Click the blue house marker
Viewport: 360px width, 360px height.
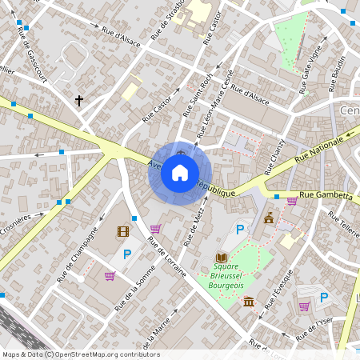tap(180, 172)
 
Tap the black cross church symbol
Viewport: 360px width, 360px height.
tap(78, 101)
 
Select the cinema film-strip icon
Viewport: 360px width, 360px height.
tap(122, 232)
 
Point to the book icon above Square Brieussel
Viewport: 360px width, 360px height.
tap(221, 258)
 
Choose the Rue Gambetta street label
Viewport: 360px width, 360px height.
tap(326, 195)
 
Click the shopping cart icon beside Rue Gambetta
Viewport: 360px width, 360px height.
tap(291, 201)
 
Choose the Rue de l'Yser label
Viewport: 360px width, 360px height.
tap(314, 326)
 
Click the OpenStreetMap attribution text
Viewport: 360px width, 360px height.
tap(81, 354)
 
